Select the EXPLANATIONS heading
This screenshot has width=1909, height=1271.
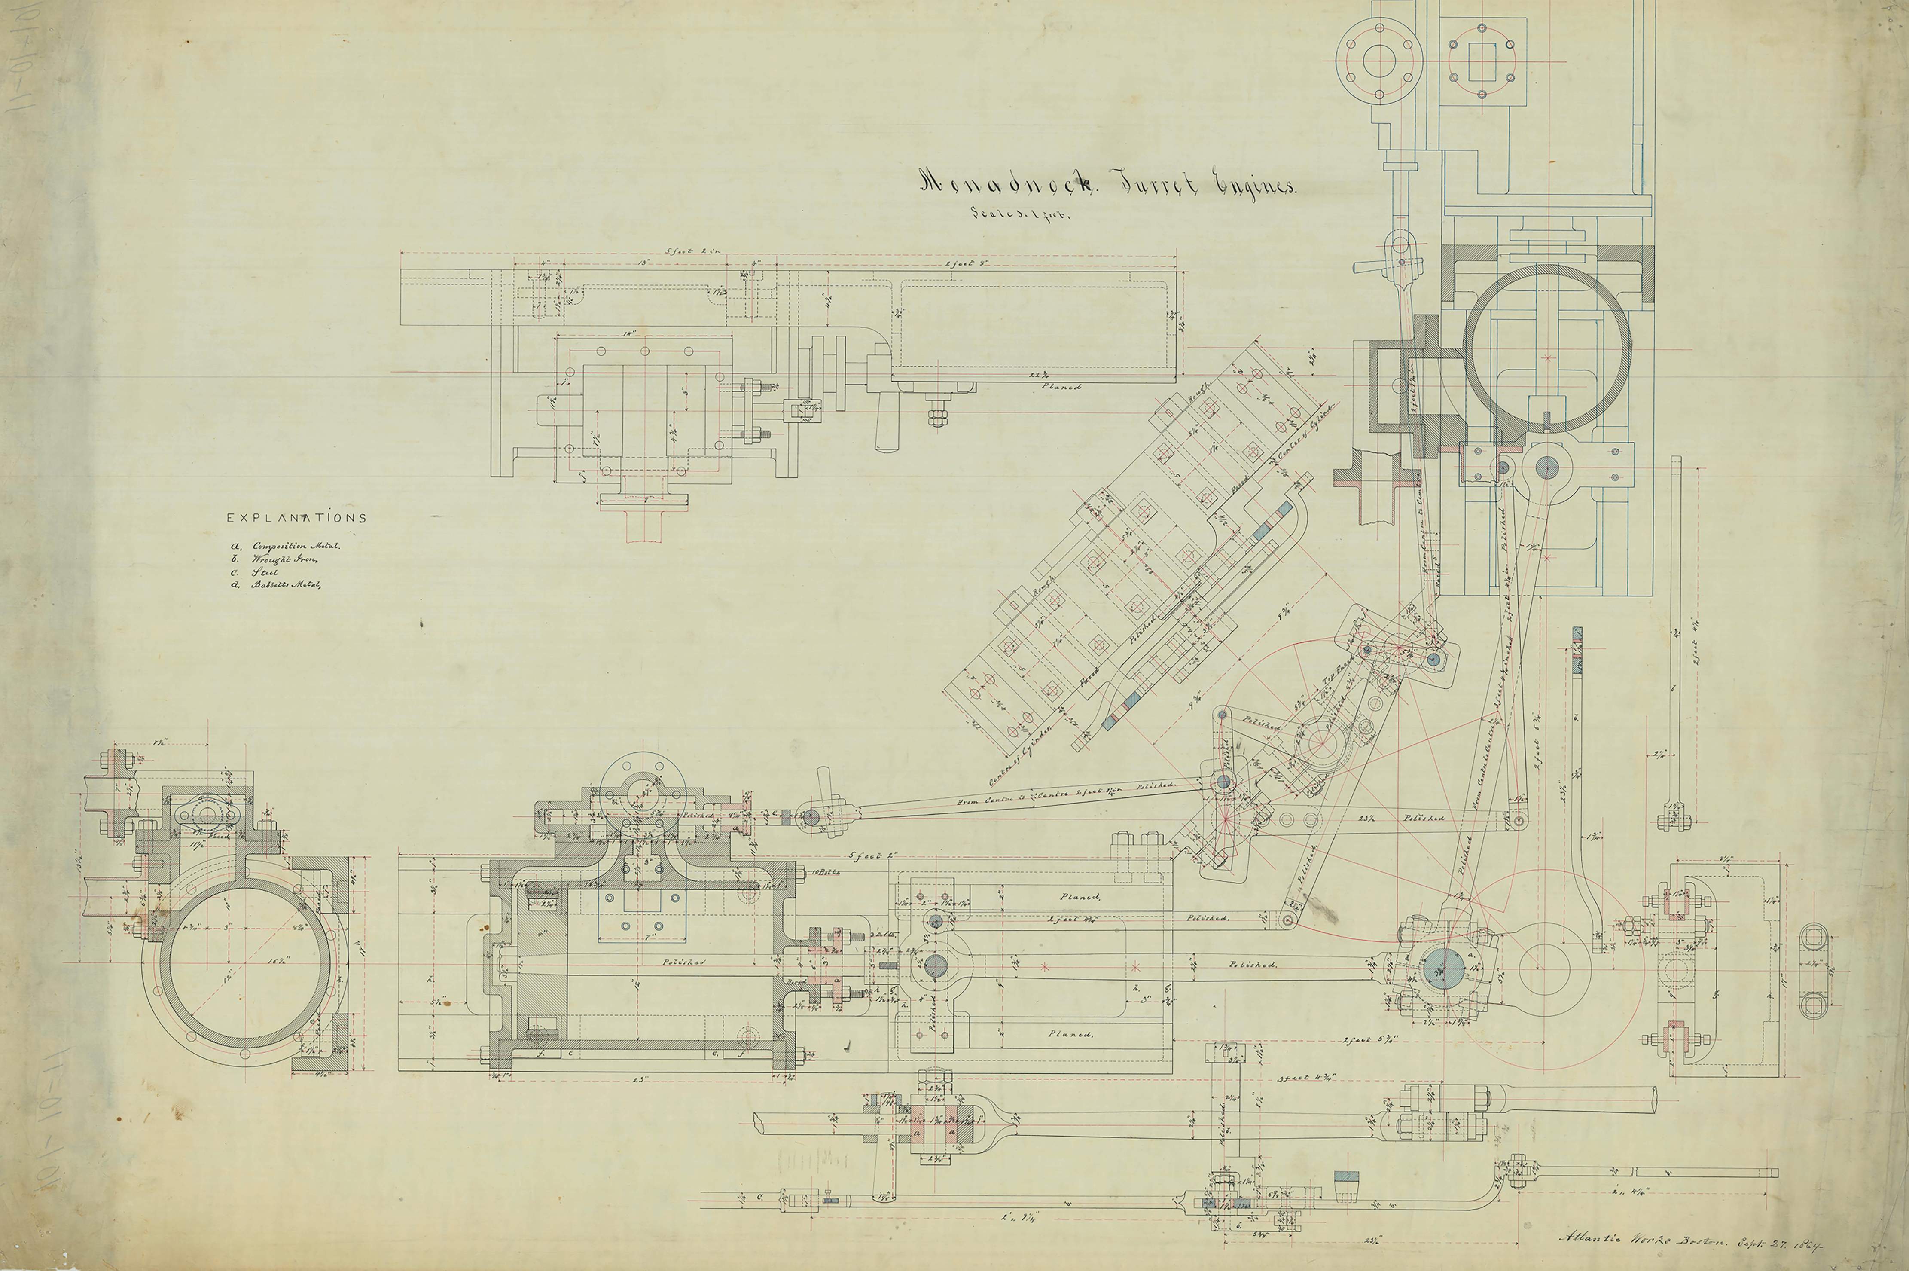296,518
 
